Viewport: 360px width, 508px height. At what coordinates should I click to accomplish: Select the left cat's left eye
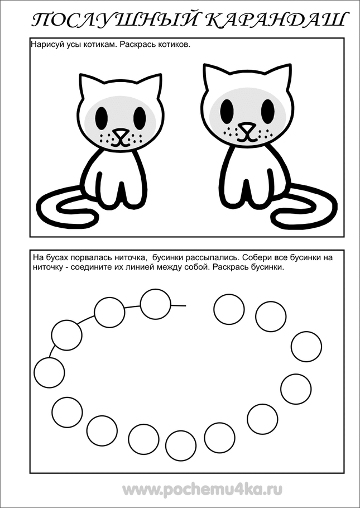coord(102,116)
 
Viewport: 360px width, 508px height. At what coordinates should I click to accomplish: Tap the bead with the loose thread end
coord(156,304)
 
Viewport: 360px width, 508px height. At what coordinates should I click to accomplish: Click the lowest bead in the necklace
coord(181,445)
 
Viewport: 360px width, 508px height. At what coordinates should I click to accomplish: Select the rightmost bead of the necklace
coord(306,347)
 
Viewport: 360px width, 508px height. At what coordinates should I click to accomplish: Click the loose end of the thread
coord(186,305)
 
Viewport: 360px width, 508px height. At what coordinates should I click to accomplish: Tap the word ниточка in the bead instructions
coord(128,258)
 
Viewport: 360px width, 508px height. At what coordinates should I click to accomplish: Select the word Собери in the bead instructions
coord(246,258)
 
